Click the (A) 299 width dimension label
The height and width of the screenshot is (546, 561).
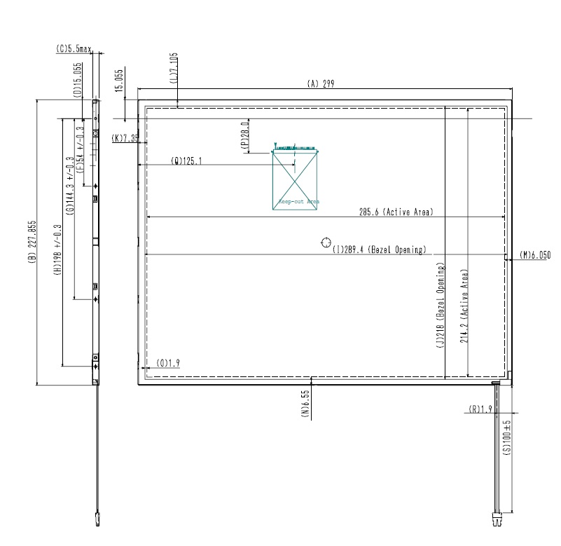(x=321, y=83)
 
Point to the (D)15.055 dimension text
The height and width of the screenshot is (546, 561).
(x=79, y=79)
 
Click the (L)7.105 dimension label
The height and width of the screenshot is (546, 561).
(x=174, y=69)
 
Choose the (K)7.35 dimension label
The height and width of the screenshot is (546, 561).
(x=125, y=138)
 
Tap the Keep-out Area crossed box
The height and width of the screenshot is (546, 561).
(x=296, y=181)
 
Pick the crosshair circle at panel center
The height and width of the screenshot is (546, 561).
(x=326, y=243)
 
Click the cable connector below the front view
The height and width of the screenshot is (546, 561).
(x=498, y=521)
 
